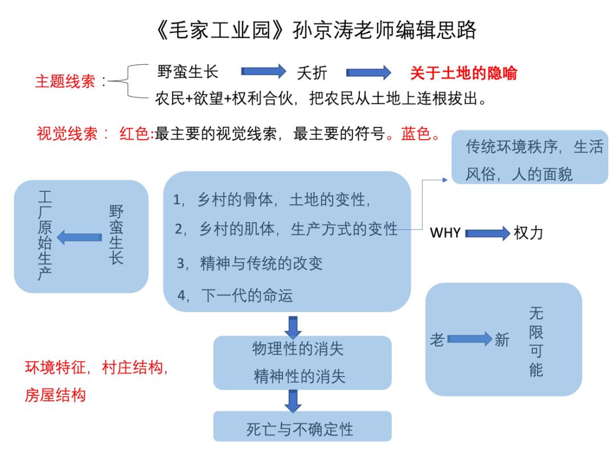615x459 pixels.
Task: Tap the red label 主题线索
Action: (65, 81)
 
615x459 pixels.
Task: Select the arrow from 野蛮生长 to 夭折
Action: (264, 72)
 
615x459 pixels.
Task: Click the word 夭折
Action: (312, 73)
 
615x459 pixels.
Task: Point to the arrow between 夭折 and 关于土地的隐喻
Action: (368, 73)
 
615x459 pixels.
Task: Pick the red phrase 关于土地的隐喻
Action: (464, 73)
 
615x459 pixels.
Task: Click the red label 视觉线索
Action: (67, 136)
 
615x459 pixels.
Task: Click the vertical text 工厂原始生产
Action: (44, 236)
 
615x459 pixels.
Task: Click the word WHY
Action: (445, 233)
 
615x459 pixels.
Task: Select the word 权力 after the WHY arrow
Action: (528, 233)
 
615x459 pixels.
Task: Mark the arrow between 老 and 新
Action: (469, 340)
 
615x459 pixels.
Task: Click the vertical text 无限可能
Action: (536, 342)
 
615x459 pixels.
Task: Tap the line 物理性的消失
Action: (298, 349)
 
